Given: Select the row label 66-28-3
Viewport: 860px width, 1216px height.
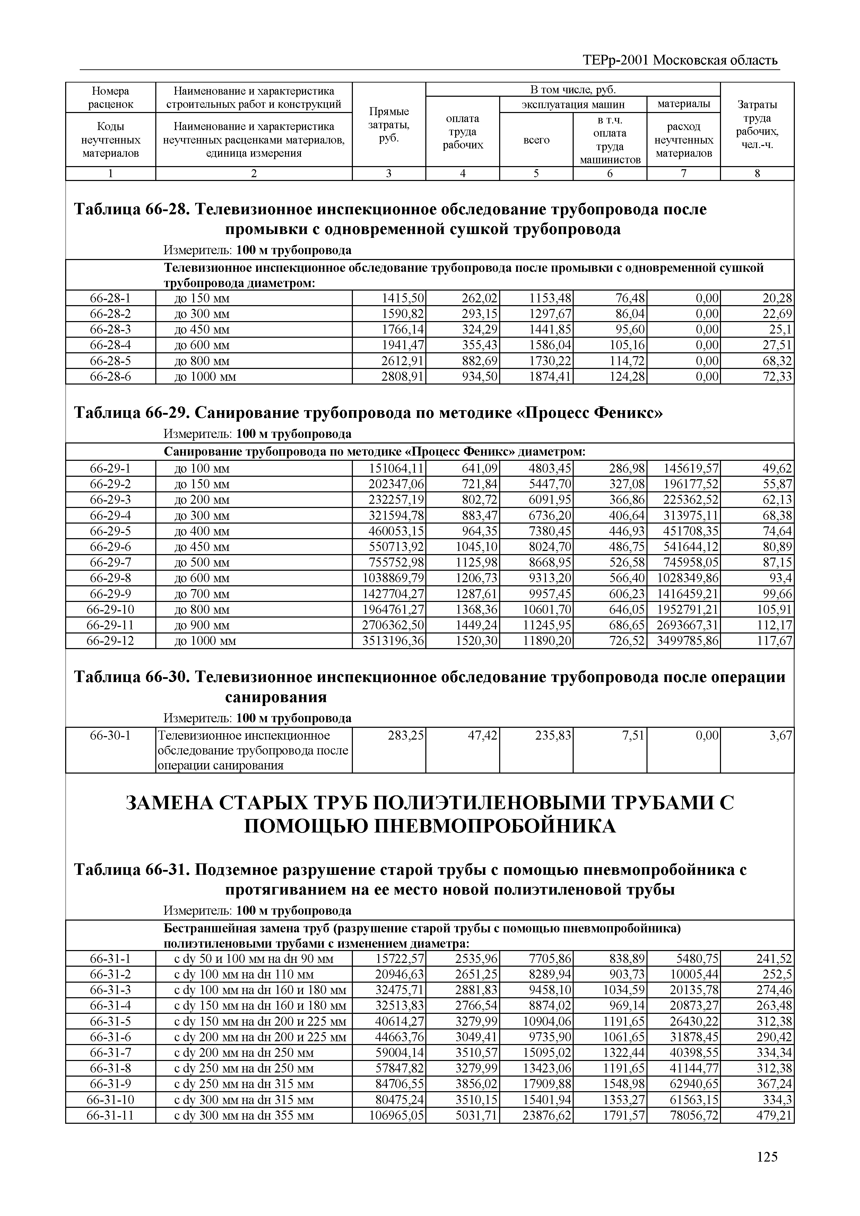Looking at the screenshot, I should [110, 329].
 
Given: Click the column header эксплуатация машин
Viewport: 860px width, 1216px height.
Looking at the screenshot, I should [573, 104].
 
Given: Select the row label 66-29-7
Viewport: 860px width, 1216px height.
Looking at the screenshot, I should [110, 562].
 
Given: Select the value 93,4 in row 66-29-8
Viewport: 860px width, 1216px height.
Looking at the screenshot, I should [781, 578].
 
